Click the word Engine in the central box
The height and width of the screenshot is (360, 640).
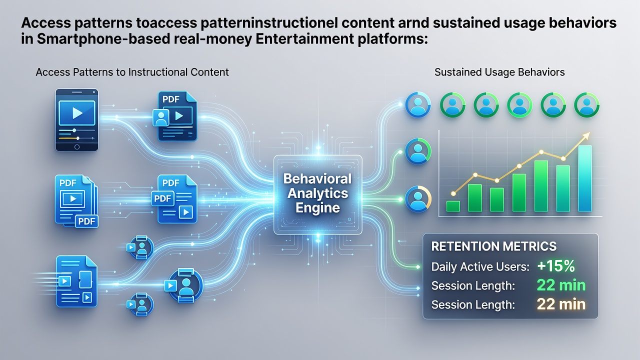click(317, 207)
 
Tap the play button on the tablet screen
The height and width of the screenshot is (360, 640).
click(77, 113)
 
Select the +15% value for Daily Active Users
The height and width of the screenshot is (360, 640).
click(555, 266)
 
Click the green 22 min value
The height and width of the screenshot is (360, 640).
click(561, 285)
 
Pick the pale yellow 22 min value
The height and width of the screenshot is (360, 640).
click(561, 304)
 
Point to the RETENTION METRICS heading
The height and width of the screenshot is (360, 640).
click(493, 246)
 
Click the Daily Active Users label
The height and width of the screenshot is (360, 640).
click(480, 267)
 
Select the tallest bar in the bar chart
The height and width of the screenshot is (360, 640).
click(585, 178)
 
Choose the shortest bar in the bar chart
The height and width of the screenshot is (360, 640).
click(453, 206)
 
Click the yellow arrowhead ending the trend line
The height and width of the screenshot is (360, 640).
click(586, 135)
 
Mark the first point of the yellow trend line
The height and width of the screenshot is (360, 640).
click(453, 193)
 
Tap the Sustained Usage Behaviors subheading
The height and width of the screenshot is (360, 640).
click(499, 72)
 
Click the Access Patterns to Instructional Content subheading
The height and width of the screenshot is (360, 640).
click(132, 72)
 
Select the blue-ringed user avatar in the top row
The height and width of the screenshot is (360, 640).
click(417, 104)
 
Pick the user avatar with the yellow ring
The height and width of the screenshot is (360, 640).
click(417, 199)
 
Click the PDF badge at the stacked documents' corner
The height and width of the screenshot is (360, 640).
click(86, 221)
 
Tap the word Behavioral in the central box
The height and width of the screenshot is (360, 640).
click(317, 179)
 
